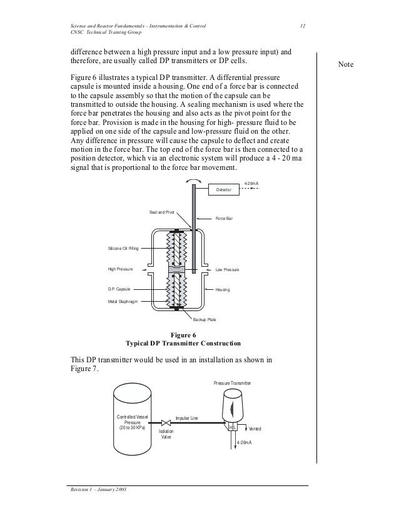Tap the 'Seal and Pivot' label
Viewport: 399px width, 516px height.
tap(161, 212)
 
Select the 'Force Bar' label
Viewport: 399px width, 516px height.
tap(225, 219)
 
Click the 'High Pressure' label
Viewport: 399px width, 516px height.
tap(121, 269)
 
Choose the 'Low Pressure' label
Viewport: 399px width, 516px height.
tap(227, 269)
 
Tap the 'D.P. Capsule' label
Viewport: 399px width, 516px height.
tap(119, 290)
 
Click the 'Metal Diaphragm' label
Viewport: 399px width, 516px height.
tap(123, 301)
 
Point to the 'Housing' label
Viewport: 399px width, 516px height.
tap(223, 290)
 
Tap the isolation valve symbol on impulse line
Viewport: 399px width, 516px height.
tap(166, 422)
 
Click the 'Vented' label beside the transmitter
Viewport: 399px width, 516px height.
tap(255, 429)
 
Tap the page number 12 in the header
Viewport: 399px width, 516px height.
tap(302, 26)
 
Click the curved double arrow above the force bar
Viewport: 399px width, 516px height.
tap(194, 180)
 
